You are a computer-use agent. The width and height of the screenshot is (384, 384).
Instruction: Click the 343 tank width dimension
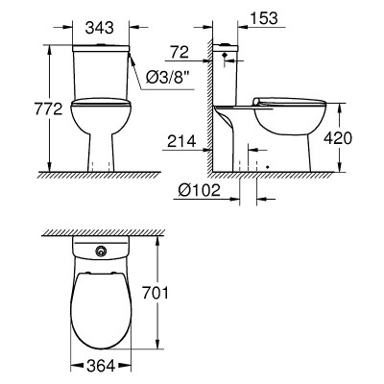(x=100, y=28)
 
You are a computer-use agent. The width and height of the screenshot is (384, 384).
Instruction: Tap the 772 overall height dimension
(x=48, y=109)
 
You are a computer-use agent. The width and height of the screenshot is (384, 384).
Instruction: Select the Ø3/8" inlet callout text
(x=166, y=78)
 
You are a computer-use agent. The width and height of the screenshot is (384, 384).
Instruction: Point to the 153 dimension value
(x=264, y=18)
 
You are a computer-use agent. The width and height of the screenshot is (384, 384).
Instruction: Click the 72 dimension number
(x=180, y=52)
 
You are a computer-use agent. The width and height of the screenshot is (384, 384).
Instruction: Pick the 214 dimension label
(x=181, y=141)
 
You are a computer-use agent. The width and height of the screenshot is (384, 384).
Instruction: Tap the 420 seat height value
(x=338, y=138)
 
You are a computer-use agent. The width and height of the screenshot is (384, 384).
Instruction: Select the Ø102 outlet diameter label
(x=200, y=190)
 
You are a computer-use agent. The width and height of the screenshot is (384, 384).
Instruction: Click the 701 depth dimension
(x=156, y=293)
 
